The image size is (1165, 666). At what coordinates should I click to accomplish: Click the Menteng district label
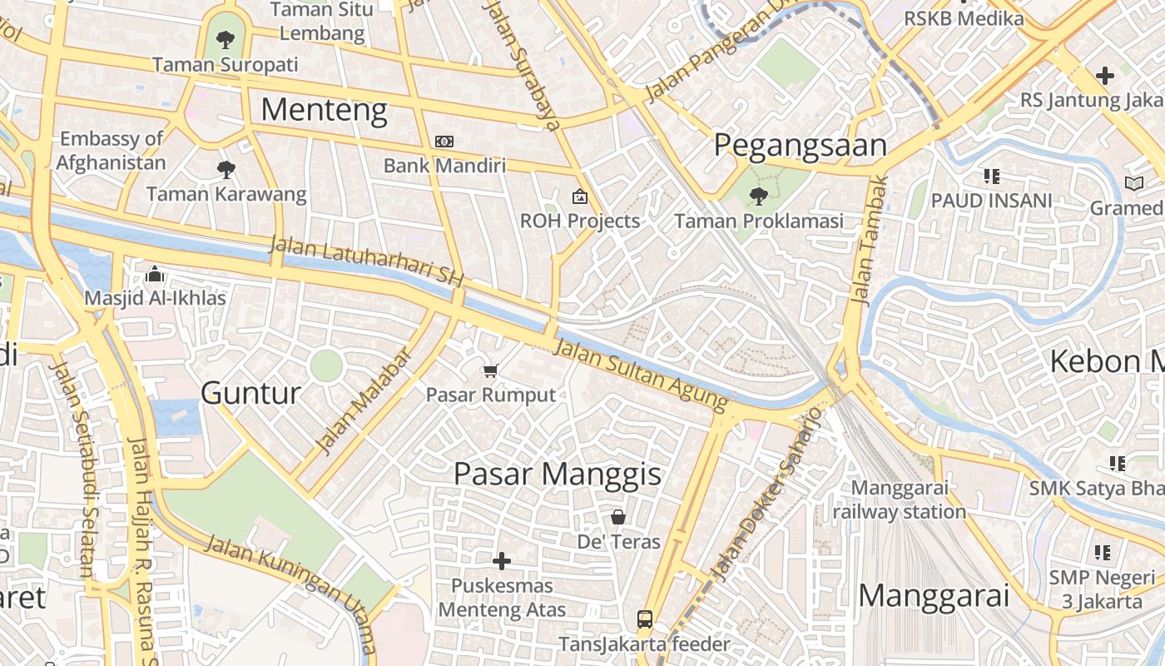pyautogui.click(x=325, y=110)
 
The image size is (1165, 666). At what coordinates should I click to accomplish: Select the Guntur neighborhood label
pyautogui.click(x=250, y=393)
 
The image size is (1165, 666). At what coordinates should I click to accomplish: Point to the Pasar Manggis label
pyautogui.click(x=558, y=475)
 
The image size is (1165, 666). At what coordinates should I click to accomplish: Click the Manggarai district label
pyautogui.click(x=933, y=596)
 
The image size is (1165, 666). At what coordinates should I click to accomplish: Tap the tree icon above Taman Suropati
pyautogui.click(x=225, y=38)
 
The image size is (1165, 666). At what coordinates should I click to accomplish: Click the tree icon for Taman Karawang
pyautogui.click(x=226, y=170)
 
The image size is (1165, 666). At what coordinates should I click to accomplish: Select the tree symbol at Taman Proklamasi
pyautogui.click(x=758, y=196)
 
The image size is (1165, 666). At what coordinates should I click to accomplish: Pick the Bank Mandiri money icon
pyautogui.click(x=444, y=142)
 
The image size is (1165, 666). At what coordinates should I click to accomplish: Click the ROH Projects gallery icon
pyautogui.click(x=579, y=197)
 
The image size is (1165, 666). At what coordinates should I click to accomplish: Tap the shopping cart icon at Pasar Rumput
pyautogui.click(x=491, y=370)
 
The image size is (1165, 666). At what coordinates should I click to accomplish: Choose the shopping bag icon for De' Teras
pyautogui.click(x=618, y=517)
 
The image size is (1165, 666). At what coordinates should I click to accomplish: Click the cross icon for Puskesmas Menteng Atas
pyautogui.click(x=502, y=561)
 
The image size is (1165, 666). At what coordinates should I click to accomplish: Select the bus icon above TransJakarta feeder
pyautogui.click(x=645, y=619)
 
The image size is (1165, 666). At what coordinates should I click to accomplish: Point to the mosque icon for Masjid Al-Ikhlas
pyautogui.click(x=155, y=274)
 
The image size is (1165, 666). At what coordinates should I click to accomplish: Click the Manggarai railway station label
pyautogui.click(x=900, y=499)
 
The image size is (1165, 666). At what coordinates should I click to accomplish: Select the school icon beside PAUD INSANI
pyautogui.click(x=991, y=176)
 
